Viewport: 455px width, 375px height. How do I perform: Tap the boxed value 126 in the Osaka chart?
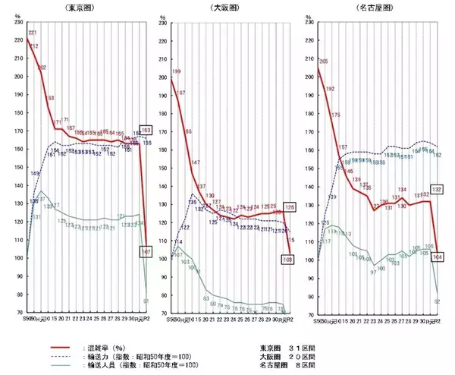tap(288, 206)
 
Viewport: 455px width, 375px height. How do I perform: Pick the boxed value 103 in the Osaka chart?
tap(288, 259)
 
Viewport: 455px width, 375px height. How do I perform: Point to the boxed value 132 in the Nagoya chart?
tap(436, 189)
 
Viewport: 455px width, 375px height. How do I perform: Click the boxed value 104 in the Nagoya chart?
tap(436, 257)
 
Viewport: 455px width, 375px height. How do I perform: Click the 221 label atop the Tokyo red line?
tap(33, 33)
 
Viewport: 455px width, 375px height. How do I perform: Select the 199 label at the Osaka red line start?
tap(177, 72)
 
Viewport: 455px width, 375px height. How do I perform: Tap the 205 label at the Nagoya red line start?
tap(324, 61)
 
